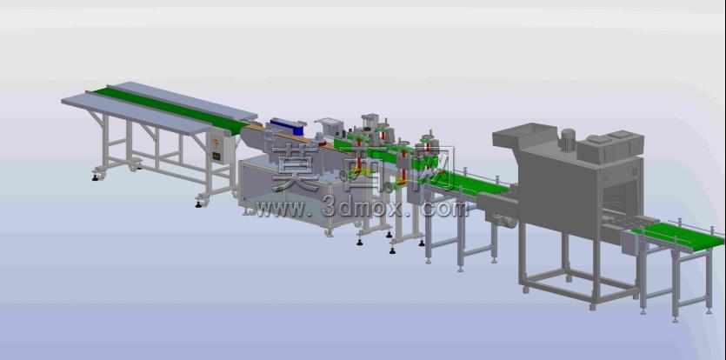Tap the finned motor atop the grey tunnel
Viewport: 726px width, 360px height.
point(568,139)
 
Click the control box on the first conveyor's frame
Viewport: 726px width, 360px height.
point(219,147)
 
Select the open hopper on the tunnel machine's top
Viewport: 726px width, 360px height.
point(524,135)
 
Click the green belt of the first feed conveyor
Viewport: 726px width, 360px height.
point(172,110)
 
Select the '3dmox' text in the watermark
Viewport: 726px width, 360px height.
point(363,209)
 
